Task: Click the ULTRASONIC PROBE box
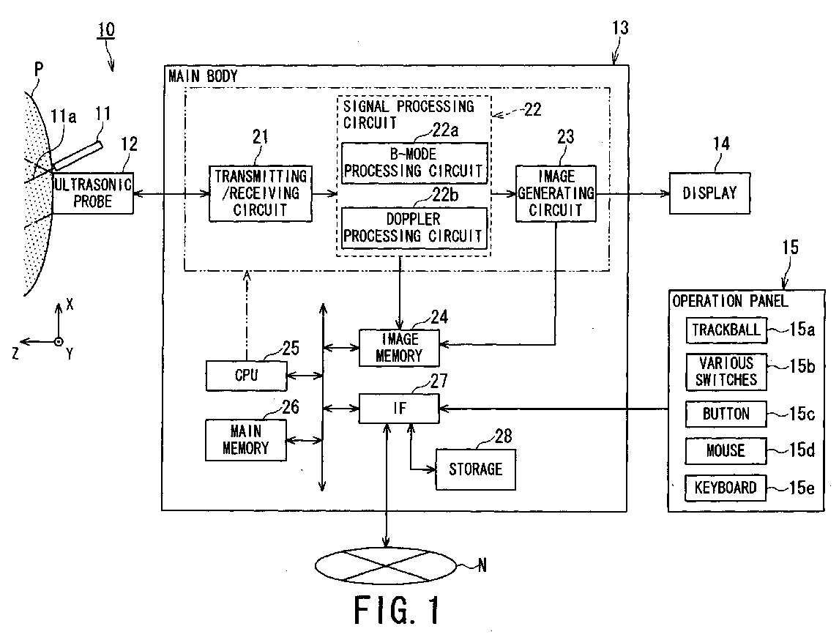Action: [92, 193]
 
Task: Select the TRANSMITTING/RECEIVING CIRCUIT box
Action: [260, 193]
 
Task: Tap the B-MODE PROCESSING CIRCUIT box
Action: [414, 163]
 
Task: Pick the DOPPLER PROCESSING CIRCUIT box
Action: [414, 228]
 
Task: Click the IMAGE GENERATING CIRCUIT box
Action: [556, 193]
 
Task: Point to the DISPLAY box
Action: [709, 193]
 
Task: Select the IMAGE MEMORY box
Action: [399, 348]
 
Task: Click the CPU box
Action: [246, 376]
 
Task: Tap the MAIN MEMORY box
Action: [246, 440]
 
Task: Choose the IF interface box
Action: [399, 409]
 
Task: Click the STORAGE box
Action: [476, 469]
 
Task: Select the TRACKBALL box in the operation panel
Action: [726, 330]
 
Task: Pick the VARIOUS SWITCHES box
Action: [726, 372]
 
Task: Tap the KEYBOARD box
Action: [726, 488]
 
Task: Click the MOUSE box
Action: [726, 450]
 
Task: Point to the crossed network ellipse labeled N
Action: [386, 565]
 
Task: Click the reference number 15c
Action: [802, 414]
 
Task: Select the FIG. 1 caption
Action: [397, 610]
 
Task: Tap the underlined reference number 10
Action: [106, 29]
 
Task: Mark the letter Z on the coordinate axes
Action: [15, 353]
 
